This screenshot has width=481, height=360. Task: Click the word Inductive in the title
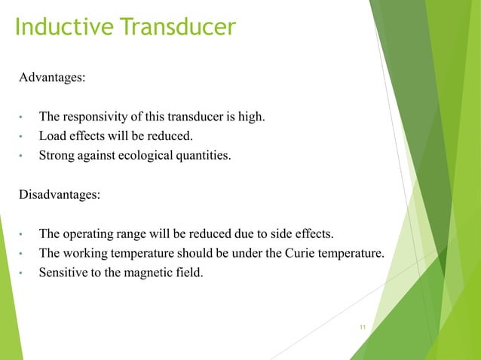point(61,27)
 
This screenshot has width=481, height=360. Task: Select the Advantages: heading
point(53,78)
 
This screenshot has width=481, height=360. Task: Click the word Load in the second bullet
point(52,136)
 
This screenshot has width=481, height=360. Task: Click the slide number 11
point(363,328)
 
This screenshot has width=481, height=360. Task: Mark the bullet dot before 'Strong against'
point(23,157)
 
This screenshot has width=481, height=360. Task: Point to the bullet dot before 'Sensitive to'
point(23,273)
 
